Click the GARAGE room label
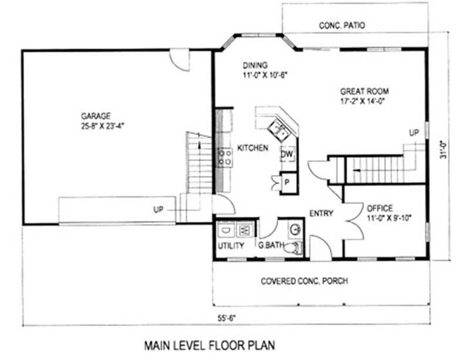(97, 116)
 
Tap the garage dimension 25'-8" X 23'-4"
(97, 125)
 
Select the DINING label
(255, 65)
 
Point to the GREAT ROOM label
(364, 91)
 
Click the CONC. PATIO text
(342, 25)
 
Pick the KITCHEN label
(253, 148)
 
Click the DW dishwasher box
(287, 154)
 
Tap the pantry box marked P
(288, 181)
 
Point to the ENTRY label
(321, 213)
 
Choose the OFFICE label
(380, 208)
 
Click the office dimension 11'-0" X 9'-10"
(389, 217)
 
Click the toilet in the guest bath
(290, 250)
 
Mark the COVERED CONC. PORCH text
(304, 281)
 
